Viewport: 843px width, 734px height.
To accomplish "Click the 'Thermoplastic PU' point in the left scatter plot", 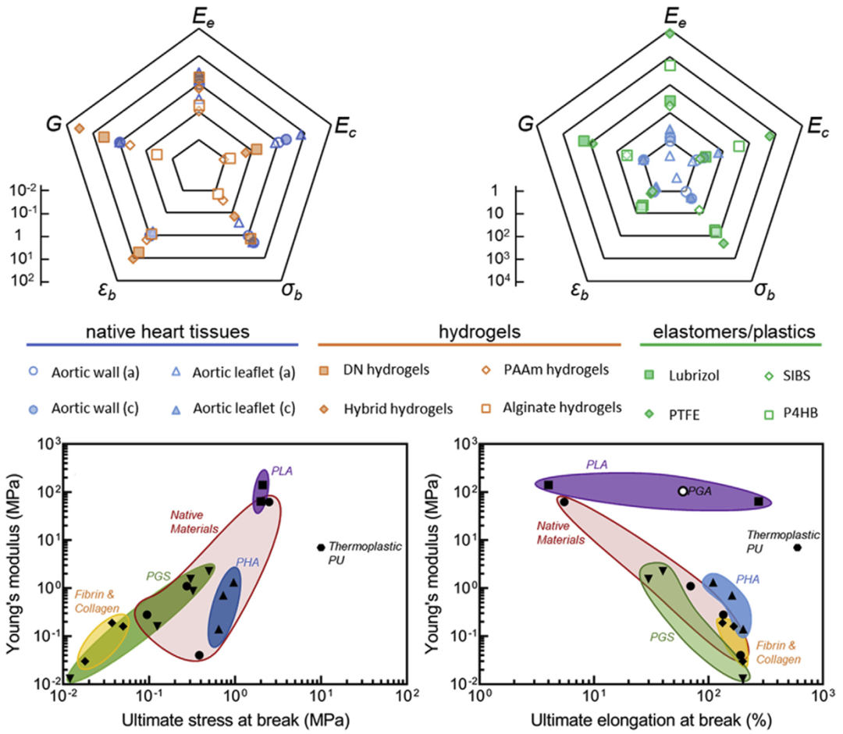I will (321, 548).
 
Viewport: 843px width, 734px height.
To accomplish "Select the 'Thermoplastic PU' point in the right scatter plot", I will (797, 548).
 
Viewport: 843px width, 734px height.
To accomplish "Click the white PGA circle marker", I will (683, 491).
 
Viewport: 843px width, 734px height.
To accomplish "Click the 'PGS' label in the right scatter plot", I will (662, 636).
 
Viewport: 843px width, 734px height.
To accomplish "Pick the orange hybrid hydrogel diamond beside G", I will (80, 128).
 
